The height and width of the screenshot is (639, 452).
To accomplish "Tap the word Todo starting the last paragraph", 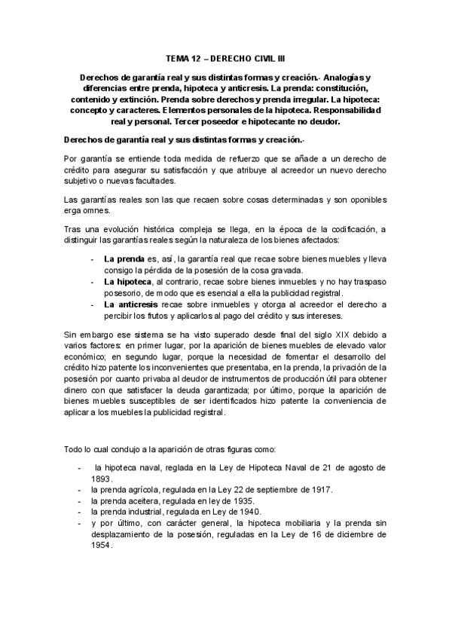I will [x=75, y=450].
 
